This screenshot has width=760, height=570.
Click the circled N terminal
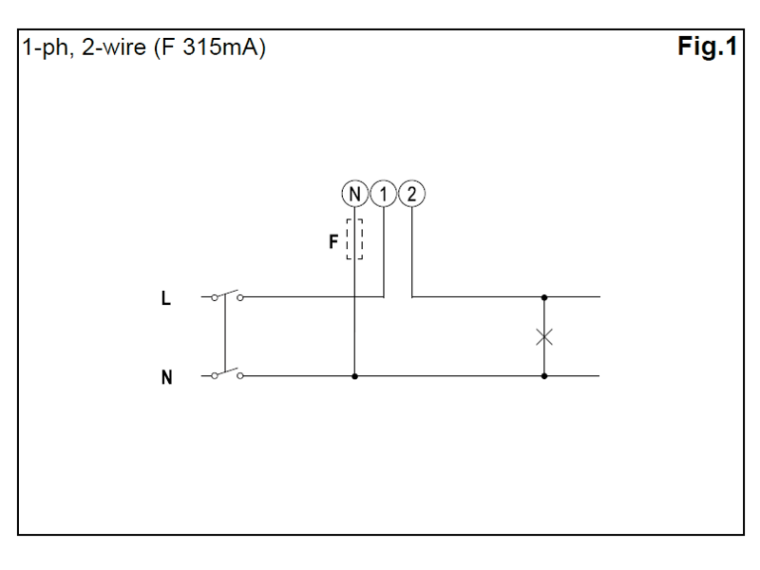pos(354,194)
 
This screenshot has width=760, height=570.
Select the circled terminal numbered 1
pos(384,194)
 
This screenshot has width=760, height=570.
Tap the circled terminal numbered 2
pos(412,194)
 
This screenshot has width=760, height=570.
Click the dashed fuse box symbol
pos(354,239)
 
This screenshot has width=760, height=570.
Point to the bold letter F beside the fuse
pos(333,241)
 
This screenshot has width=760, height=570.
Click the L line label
pos(165,298)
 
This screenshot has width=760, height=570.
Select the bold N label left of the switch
pos(167,377)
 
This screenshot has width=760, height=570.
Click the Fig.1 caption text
pos(707,47)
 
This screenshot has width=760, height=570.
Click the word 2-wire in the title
pos(113,47)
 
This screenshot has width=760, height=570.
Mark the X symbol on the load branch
pos(544,337)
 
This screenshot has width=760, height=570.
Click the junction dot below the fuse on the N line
pos(354,376)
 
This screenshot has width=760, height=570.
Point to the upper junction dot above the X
pos(544,297)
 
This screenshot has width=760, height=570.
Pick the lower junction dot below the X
pos(544,376)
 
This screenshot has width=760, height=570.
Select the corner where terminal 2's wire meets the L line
pos(412,296)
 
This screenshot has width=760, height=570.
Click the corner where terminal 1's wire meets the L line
pos(384,296)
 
